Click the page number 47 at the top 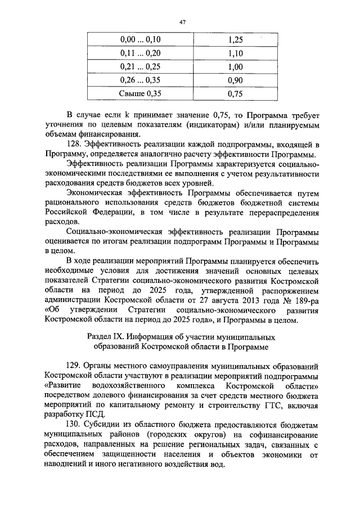pyautogui.click(x=182, y=22)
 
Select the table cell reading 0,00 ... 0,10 pyautogui.click(x=141, y=40)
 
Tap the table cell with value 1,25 pyautogui.click(x=236, y=40)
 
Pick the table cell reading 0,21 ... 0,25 pyautogui.click(x=141, y=67)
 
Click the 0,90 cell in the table pyautogui.click(x=236, y=80)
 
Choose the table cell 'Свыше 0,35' pyautogui.click(x=141, y=94)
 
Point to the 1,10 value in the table pyautogui.click(x=236, y=53)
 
